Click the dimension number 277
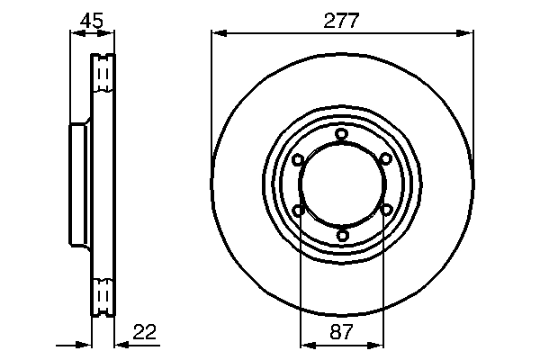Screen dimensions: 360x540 click(x=342, y=20)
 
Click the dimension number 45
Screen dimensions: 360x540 click(x=92, y=19)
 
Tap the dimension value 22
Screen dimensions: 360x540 click(x=145, y=332)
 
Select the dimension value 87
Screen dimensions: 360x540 click(x=342, y=332)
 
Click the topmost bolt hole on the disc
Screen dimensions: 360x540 click(x=342, y=135)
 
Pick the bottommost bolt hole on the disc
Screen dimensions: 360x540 click(x=342, y=236)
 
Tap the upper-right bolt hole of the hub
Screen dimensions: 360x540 click(x=385, y=160)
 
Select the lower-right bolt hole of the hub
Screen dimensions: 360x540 click(x=385, y=211)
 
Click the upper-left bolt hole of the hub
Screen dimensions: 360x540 click(x=298, y=160)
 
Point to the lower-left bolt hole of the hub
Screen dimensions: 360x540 click(x=298, y=211)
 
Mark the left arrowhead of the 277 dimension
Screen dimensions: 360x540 click(x=217, y=34)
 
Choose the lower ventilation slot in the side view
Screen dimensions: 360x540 click(x=104, y=295)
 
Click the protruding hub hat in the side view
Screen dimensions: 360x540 click(x=78, y=185)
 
